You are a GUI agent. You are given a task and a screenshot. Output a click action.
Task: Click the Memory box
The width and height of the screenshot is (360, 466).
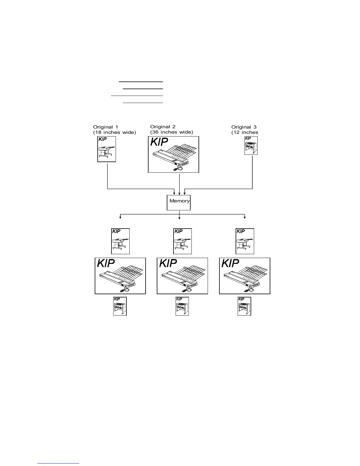[179, 202]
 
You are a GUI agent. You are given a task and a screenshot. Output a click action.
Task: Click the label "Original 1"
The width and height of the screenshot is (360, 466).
[106, 127]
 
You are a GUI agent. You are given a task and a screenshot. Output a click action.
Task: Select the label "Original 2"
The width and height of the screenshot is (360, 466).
[163, 127]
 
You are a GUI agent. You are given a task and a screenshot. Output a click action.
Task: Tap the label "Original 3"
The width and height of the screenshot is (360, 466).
[244, 127]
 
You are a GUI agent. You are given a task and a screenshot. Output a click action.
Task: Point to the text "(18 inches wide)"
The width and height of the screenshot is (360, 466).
[115, 132]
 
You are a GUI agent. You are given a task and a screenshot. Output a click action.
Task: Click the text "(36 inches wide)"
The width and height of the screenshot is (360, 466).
[172, 132]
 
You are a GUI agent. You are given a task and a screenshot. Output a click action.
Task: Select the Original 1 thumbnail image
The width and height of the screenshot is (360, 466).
[106, 149]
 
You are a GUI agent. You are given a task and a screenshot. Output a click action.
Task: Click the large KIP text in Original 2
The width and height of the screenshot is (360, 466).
[159, 142]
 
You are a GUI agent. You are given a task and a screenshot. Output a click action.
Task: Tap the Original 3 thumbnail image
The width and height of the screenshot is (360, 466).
[251, 145]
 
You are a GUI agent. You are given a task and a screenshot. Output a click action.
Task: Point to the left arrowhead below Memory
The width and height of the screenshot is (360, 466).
[120, 218]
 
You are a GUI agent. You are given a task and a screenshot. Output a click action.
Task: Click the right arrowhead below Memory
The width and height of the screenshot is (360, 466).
[245, 218]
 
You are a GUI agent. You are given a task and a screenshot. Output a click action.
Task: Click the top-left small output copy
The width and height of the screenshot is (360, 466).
[120, 241]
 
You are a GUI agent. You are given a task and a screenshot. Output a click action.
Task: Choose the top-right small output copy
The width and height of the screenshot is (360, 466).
[245, 241]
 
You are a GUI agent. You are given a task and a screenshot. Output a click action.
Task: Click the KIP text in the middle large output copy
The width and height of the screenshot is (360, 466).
[168, 263]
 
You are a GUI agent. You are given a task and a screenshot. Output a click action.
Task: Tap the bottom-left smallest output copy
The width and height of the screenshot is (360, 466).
[120, 306]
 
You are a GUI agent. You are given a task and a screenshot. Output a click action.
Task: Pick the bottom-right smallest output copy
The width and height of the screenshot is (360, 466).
[244, 306]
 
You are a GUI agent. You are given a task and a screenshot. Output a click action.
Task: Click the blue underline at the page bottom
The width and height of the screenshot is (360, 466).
[59, 463]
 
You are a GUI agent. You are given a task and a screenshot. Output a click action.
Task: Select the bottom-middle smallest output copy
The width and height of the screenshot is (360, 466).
[182, 306]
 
